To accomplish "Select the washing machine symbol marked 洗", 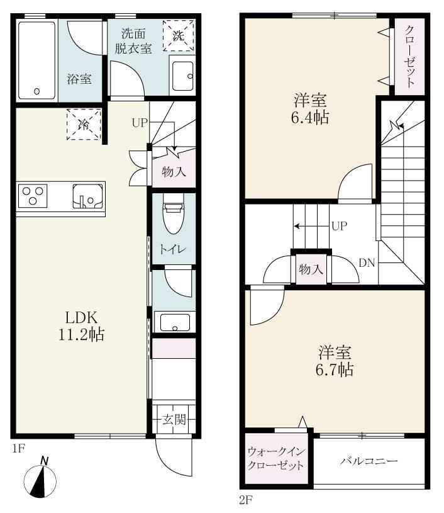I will point(179,35).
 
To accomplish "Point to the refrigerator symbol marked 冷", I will point(84,125).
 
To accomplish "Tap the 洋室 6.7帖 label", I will point(335,361).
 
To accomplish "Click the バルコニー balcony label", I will point(369,461).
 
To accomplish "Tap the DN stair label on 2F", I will point(367,263).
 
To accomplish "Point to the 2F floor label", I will point(245,500).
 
